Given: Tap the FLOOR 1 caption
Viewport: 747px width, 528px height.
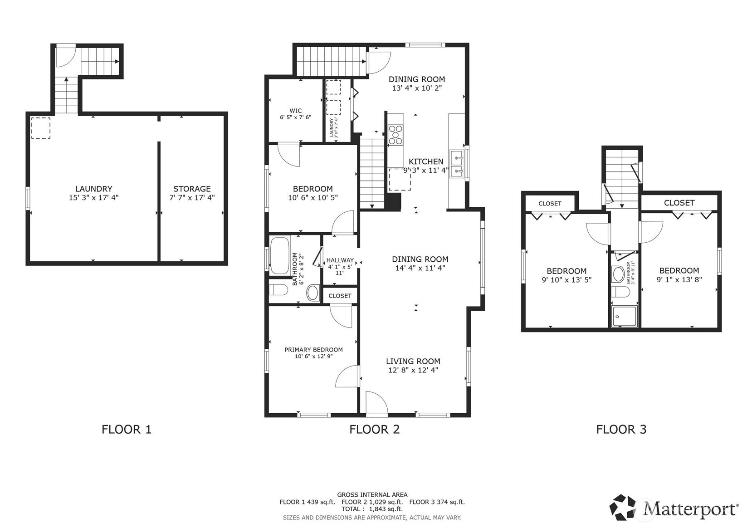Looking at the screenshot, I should coord(127,429).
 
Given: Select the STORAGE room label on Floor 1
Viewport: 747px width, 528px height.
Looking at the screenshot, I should coord(192,189).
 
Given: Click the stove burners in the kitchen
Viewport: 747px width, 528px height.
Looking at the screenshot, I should coord(395,135).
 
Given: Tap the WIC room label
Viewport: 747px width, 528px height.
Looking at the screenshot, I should coord(296,111).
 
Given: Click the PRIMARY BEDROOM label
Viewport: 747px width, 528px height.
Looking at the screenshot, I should coord(313,350).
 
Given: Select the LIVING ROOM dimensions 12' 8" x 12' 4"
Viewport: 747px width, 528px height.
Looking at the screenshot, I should coord(413,370).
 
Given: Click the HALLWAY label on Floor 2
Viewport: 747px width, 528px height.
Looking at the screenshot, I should coord(340,260).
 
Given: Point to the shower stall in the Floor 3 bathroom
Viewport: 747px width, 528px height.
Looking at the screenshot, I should coord(624,316).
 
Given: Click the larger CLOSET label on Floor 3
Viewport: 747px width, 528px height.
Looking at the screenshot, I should coord(679,203).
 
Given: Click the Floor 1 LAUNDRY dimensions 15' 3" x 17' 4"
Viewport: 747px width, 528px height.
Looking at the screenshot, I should coord(93,198).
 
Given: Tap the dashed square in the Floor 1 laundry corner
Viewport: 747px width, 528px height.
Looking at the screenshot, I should coord(40,127).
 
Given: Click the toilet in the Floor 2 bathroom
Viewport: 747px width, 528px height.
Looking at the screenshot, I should coord(278,290).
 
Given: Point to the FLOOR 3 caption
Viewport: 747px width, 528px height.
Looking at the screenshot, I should coord(621,429).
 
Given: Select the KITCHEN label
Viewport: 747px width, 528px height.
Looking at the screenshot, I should coord(426,161).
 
